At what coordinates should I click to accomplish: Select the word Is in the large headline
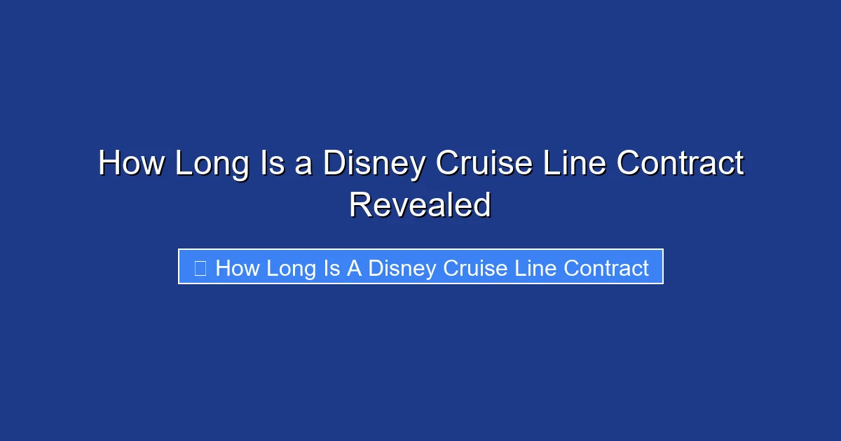[275, 164]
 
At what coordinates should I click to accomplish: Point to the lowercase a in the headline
[303, 165]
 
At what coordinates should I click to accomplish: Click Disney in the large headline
[374, 164]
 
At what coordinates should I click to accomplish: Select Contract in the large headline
[680, 164]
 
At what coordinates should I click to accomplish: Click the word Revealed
[420, 205]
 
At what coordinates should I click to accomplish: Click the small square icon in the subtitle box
[200, 267]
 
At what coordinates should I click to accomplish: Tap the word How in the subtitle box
[237, 267]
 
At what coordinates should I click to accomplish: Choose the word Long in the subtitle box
[290, 267]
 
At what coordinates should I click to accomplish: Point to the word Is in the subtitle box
[331, 267]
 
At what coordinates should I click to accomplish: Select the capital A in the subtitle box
[354, 267]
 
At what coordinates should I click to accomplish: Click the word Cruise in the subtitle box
[472, 267]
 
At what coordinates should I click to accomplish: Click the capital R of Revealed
[360, 205]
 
